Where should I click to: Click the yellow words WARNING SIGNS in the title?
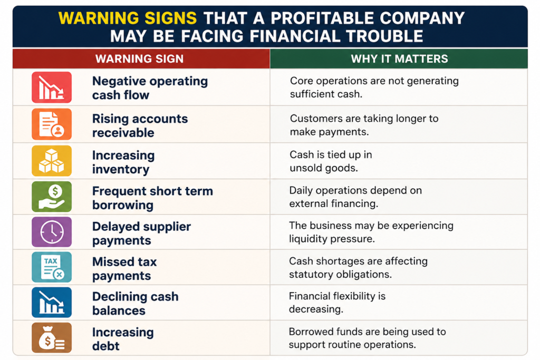pos(128,18)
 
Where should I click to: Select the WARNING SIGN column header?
pos(139,59)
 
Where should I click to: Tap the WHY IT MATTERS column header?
pos(400,59)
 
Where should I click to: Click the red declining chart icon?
pos(52,87)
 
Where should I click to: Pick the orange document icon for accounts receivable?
pos(52,124)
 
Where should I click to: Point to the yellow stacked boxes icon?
pos(52,161)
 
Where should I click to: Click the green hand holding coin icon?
pos(52,197)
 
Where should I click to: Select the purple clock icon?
pos(52,232)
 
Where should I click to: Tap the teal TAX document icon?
pos(52,267)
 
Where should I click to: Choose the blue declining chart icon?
pos(52,302)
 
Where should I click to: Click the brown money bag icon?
pos(52,338)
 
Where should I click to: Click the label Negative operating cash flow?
pos(150,88)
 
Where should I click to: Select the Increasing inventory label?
pos(123,162)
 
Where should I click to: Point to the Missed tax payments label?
pos(124,268)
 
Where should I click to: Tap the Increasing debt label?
pos(123,339)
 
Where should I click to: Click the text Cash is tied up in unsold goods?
pos(331,161)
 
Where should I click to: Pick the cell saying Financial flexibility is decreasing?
pos(337,303)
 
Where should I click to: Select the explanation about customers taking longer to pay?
pos(364,125)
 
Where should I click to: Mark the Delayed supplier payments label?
pos(141,233)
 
